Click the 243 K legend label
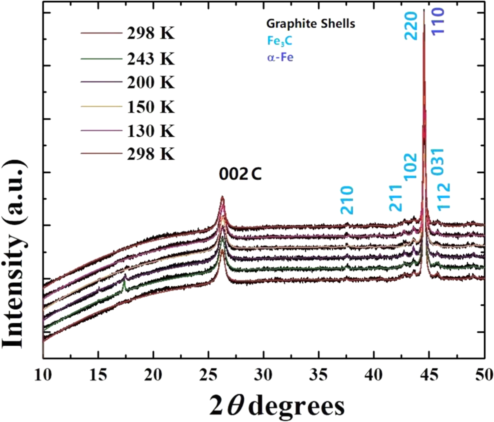[151, 59]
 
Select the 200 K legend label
[151, 82]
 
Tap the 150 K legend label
[151, 107]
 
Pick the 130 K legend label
[151, 131]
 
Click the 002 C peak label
[240, 174]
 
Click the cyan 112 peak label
[444, 196]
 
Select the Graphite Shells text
[311, 24]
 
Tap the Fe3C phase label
[280, 41]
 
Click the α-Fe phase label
[280, 58]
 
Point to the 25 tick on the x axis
[208, 375]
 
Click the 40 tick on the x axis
[374, 375]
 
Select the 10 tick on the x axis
[43, 375]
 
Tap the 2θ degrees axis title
[277, 406]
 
